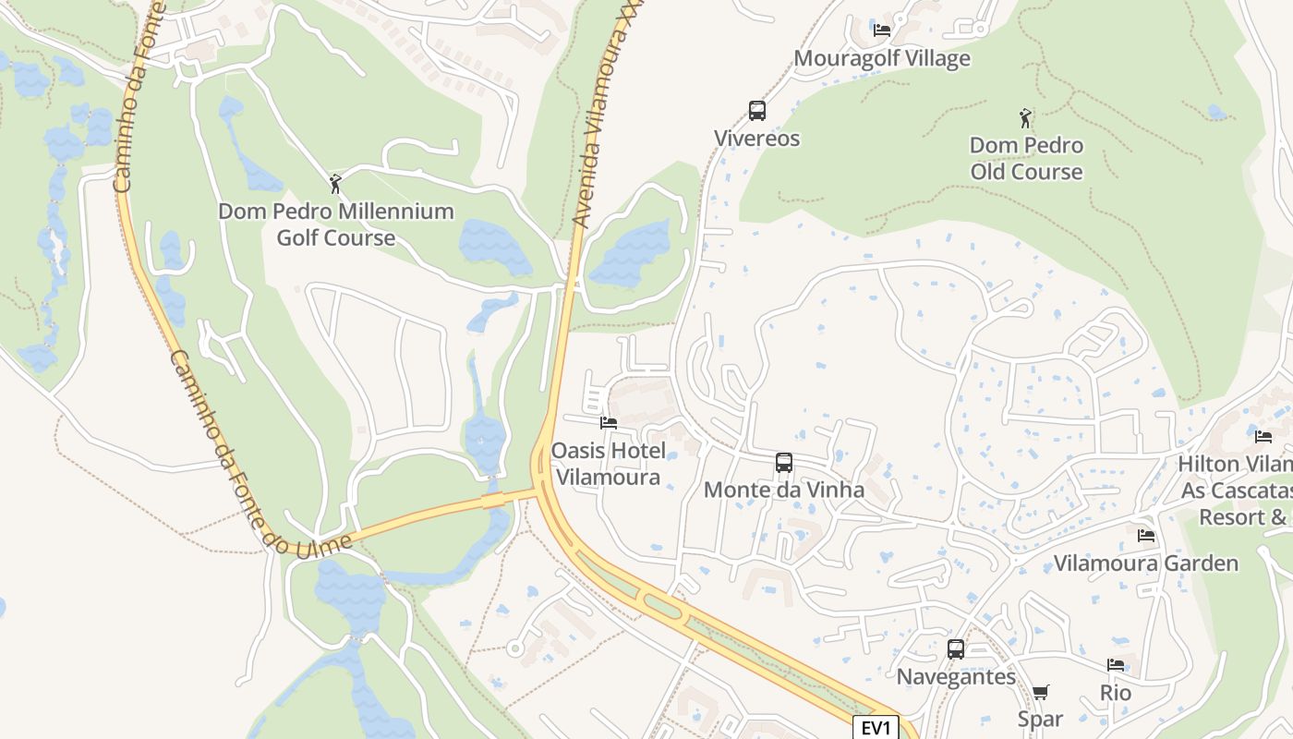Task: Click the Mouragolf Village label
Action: [882, 58]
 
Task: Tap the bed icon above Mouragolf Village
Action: [882, 30]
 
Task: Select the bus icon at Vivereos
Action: [757, 111]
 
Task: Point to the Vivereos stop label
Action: [756, 139]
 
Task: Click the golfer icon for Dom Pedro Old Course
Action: [1025, 118]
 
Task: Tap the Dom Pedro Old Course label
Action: [1026, 159]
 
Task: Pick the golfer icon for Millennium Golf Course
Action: [335, 184]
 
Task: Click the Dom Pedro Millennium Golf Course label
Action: [336, 224]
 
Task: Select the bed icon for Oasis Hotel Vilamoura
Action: [608, 423]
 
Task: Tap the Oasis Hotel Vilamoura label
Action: [608, 464]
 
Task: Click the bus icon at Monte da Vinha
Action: [784, 463]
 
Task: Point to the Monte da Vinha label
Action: [784, 490]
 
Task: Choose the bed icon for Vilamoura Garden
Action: [1146, 536]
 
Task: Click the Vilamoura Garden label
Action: [1146, 563]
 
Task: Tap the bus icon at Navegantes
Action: [956, 649]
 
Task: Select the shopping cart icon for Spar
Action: [1041, 692]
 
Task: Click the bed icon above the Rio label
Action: [1116, 665]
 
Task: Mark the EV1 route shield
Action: [875, 727]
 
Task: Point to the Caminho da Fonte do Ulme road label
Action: [259, 453]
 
